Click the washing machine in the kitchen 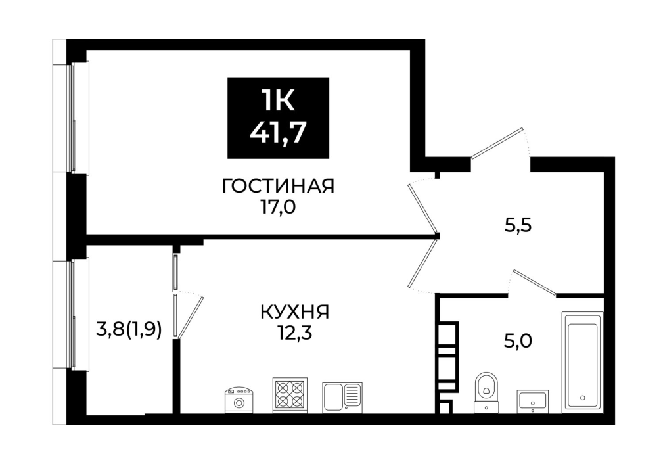[x=239, y=400]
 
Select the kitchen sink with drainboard [x=342, y=398]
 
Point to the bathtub [x=582, y=363]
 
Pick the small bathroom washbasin [x=533, y=402]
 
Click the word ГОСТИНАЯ [x=278, y=186]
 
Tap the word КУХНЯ [x=295, y=312]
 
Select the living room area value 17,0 [x=279, y=208]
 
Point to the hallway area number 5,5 [x=518, y=226]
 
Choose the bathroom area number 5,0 [x=518, y=340]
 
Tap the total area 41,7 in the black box [x=277, y=133]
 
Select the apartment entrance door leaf [x=497, y=143]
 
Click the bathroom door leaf [x=534, y=281]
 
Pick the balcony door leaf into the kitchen [x=191, y=317]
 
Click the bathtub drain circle [x=583, y=398]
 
